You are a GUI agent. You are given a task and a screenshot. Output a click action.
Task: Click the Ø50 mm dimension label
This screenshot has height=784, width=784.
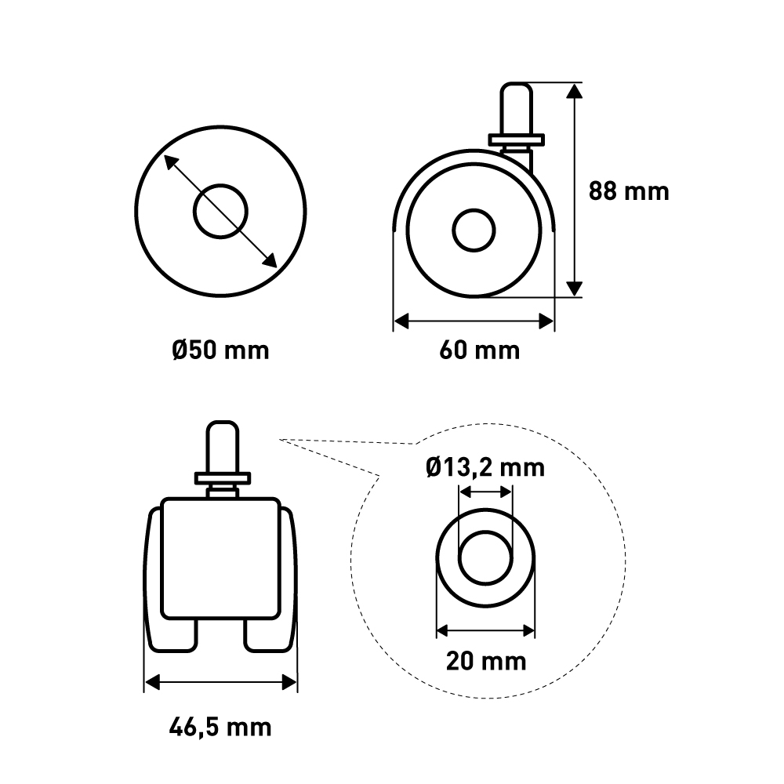[x=220, y=350]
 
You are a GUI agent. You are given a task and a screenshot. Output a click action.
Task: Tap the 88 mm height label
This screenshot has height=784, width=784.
[x=629, y=191]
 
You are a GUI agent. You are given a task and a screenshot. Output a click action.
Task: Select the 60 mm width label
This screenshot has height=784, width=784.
[x=480, y=350]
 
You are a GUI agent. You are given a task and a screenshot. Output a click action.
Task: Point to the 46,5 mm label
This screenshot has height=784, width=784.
[x=220, y=727]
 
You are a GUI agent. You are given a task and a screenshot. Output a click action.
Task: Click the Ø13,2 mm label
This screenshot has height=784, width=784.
[x=485, y=468]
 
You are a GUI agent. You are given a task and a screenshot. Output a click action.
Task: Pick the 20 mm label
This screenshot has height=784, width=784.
[x=486, y=661]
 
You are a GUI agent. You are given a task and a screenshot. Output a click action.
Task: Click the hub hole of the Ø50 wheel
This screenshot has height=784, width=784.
[x=220, y=212]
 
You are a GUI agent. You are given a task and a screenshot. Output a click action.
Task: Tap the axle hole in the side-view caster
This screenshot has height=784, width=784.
[x=474, y=230]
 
